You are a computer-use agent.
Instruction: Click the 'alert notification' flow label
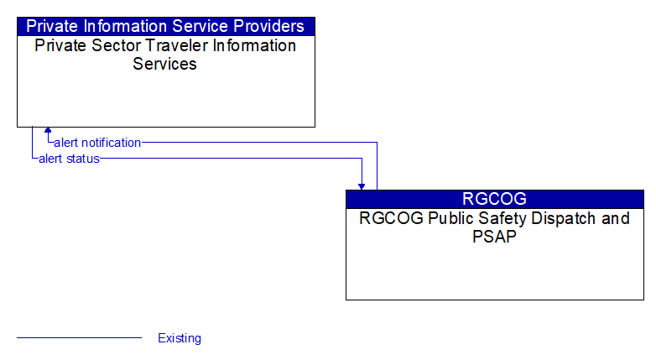coord(97,143)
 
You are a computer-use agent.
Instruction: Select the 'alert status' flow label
coord(69,159)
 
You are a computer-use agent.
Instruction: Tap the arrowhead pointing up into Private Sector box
coord(48,130)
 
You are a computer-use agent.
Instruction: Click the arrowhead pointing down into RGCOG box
coord(362,186)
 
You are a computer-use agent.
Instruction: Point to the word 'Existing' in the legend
coord(180,338)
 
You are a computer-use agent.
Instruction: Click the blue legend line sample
coord(79,337)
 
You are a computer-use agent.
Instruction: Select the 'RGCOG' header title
coord(494,199)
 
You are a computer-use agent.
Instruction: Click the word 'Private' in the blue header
coord(52,26)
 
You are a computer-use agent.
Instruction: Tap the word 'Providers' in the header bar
coord(268,26)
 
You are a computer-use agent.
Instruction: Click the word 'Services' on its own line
coord(164,64)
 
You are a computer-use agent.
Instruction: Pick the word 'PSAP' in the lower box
coord(494,237)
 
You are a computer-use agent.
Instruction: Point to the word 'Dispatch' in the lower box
coord(563,218)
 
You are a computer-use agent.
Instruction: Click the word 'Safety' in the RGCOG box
coord(503,218)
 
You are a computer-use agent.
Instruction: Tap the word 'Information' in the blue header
coord(126,26)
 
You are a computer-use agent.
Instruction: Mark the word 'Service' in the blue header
coord(200,26)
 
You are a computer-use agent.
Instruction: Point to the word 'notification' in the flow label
coord(112,143)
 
